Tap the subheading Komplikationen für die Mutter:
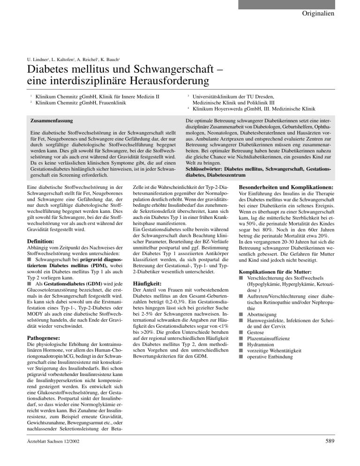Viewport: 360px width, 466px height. pos(279,271)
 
